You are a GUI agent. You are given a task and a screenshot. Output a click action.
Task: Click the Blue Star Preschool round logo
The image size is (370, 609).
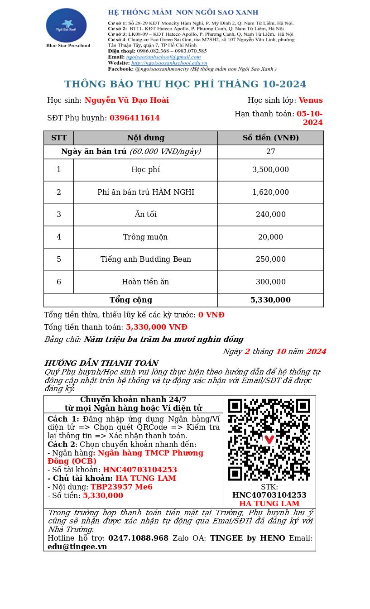tap(66, 25)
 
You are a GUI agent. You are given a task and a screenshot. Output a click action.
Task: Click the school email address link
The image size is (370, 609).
tap(163, 57)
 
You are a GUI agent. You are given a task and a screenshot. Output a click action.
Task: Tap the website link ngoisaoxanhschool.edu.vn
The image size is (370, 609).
tap(169, 63)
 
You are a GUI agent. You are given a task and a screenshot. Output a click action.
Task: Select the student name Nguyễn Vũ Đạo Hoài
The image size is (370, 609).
tap(127, 101)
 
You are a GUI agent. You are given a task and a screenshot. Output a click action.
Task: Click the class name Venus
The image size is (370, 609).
tap(311, 101)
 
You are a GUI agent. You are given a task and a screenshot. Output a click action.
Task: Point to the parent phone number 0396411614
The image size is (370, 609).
tap(135, 118)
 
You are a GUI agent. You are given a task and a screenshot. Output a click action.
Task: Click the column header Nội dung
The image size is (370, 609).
tap(145, 138)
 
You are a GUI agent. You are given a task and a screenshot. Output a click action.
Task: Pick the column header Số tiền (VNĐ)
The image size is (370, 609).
tap(270, 138)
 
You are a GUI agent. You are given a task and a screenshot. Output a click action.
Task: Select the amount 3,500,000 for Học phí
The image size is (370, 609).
tap(270, 170)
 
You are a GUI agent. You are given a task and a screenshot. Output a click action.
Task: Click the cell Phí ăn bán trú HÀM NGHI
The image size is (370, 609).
tap(145, 192)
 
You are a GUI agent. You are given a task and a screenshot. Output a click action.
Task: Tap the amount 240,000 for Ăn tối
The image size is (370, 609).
tap(270, 215)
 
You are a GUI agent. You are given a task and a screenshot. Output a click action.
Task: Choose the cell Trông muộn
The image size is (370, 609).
tap(145, 237)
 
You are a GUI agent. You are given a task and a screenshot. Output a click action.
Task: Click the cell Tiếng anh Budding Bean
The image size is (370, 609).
tap(145, 259)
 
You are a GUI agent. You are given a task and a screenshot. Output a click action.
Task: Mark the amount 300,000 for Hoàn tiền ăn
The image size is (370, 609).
tap(270, 282)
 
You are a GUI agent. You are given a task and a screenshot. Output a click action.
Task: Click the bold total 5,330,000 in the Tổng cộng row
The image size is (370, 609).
tap(270, 300)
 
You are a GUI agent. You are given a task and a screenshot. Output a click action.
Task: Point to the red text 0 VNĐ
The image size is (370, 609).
tap(211, 315)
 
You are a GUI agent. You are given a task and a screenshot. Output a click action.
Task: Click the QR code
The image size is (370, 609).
tap(269, 439)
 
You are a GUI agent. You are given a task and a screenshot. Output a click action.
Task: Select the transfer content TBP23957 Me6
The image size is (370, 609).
tap(121, 487)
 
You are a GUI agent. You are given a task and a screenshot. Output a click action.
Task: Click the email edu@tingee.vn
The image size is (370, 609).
tap(77, 547)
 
